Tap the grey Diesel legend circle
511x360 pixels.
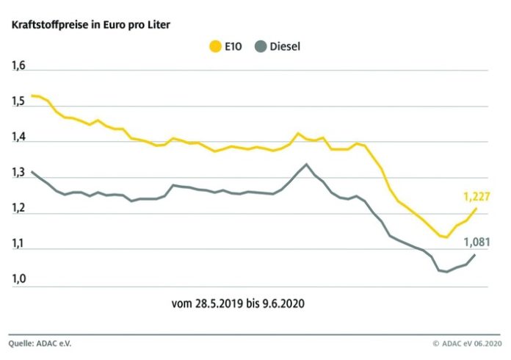(260, 47)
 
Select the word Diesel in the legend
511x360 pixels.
(286, 47)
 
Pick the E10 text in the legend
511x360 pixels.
(237, 47)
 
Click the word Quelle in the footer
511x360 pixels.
(24, 343)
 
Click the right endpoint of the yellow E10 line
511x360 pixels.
(476, 209)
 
